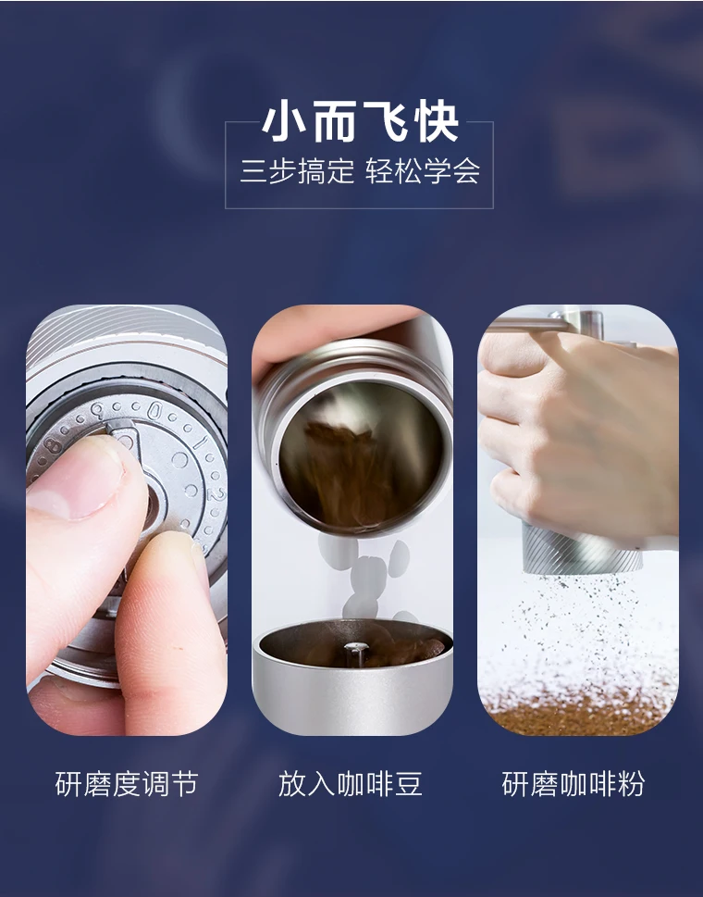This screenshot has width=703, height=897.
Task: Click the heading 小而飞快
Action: click(x=361, y=121)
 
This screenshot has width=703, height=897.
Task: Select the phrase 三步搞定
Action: click(x=297, y=170)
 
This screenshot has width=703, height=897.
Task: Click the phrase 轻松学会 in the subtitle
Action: click(x=423, y=170)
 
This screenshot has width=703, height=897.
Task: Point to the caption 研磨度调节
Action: click(x=127, y=784)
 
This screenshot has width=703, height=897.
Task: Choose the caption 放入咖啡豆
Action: click(x=351, y=784)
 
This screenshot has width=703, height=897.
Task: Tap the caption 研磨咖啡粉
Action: click(x=573, y=784)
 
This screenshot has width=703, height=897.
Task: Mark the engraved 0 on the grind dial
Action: click(x=154, y=411)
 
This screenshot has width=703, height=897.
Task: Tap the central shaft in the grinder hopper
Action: click(x=353, y=653)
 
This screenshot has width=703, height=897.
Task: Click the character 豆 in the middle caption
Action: click(x=408, y=784)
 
